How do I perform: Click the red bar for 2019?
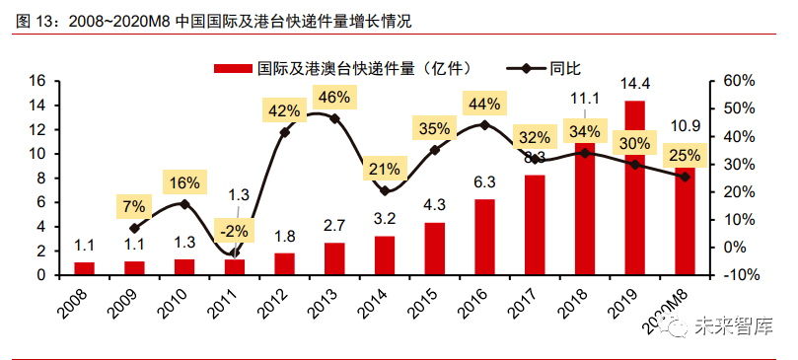click(x=635, y=187)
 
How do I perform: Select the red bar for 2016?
click(x=484, y=237)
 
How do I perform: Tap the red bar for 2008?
click(x=84, y=268)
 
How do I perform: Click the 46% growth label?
click(x=334, y=98)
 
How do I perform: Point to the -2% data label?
click(x=234, y=231)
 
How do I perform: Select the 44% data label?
click(x=484, y=103)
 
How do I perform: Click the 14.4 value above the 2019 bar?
click(x=635, y=84)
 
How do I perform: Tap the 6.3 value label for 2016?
click(x=484, y=182)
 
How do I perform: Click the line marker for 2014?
click(x=385, y=190)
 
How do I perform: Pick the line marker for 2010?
click(x=184, y=204)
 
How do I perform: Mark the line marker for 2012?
click(x=285, y=132)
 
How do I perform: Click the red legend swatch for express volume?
click(x=234, y=68)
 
